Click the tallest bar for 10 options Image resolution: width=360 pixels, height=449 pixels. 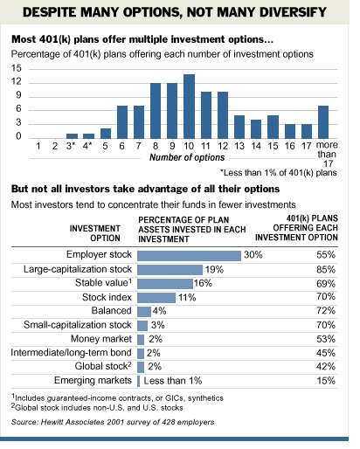tap(189, 107)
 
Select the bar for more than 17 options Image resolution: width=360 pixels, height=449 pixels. tap(323, 122)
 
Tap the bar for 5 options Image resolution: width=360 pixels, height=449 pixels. tap(106, 134)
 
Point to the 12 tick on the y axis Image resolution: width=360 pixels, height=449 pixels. tap(17, 81)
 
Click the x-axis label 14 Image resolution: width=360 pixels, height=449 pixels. tap(256, 146)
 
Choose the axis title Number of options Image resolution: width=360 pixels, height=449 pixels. tap(187, 157)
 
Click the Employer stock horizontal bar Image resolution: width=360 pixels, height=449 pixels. tap(189, 256)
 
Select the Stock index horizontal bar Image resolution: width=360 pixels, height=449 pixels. tap(156, 298)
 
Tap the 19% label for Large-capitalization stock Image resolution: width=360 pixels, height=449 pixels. tap(214, 269)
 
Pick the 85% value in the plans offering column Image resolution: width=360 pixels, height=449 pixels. tap(326, 269)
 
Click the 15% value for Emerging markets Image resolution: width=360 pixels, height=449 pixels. tap(326, 381)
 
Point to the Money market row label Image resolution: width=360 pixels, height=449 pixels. tap(101, 339)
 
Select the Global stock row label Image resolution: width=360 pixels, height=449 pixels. tap(103, 366)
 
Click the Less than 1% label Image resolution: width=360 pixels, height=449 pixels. tap(173, 381)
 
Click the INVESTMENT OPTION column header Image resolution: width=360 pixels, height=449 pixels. tap(95, 233)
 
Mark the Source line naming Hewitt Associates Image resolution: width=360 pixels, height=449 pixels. tap(113, 422)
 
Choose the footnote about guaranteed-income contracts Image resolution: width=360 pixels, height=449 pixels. tap(117, 397)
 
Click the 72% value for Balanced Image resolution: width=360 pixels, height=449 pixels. tap(326, 311)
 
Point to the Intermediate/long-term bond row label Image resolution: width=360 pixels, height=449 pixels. tap(71, 353)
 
